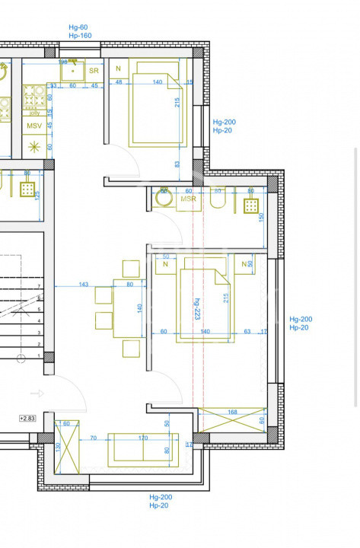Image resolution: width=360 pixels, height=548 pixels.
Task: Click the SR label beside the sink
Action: (x=94, y=71)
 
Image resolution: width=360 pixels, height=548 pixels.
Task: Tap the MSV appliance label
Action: (x=33, y=126)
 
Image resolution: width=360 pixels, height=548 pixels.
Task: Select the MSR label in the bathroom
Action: (x=188, y=199)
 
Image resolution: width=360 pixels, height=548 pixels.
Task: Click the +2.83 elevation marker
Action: (x=27, y=418)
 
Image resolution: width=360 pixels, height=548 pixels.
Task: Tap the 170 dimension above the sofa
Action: (x=143, y=438)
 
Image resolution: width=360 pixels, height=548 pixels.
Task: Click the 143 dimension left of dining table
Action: (x=84, y=284)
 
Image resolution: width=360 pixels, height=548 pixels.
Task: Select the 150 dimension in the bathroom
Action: (x=261, y=217)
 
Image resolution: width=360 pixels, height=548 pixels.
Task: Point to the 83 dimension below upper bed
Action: (x=177, y=164)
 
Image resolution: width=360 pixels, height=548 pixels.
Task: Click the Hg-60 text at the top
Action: (x=78, y=27)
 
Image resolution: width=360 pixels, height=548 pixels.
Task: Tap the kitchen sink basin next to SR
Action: (x=74, y=70)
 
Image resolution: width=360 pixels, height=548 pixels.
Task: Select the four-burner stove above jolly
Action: (x=34, y=97)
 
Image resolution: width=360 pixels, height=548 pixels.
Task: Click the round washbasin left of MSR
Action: (x=163, y=198)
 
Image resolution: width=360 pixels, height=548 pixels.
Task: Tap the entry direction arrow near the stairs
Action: (x=37, y=393)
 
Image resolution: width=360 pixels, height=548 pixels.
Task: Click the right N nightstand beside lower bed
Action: (x=245, y=264)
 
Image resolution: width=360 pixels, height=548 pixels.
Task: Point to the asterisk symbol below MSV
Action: (x=33, y=146)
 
